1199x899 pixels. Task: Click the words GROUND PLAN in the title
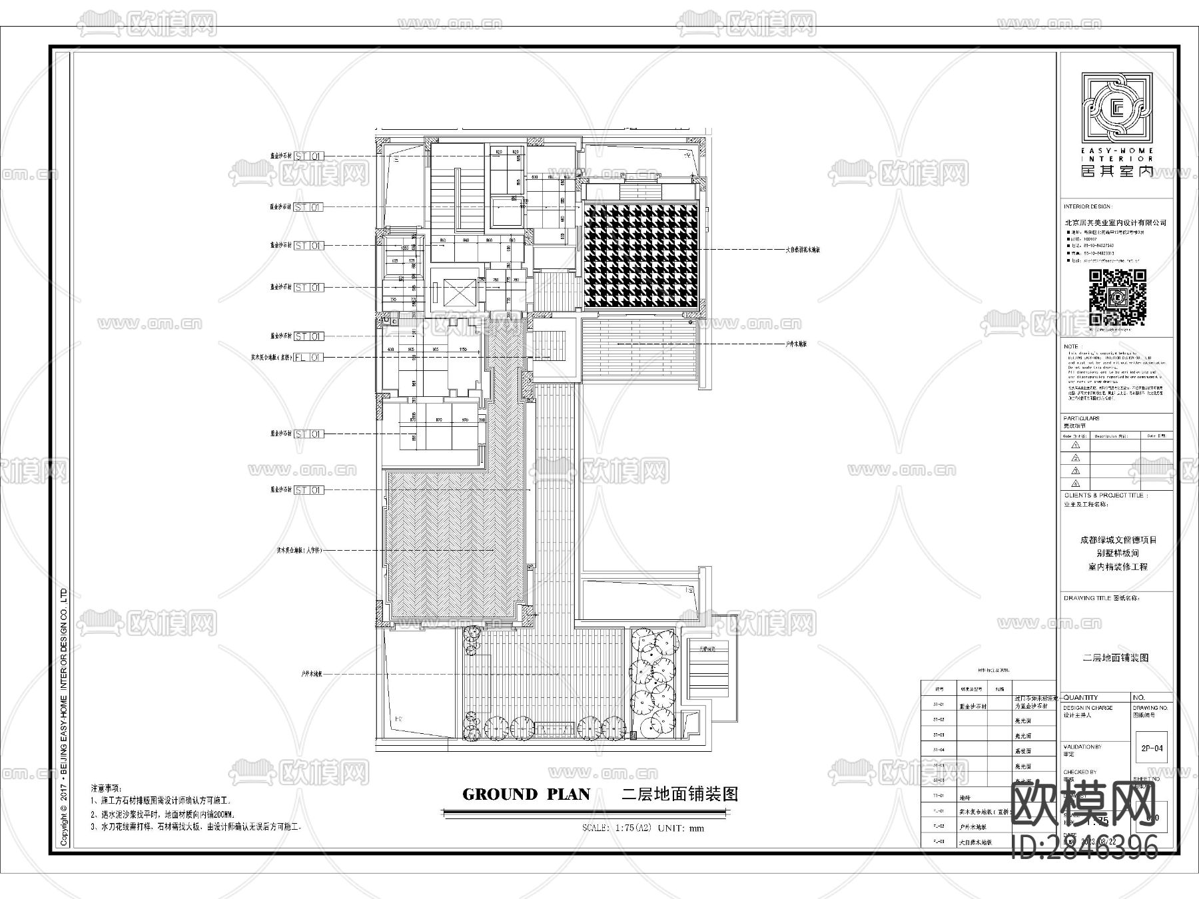pyautogui.click(x=526, y=794)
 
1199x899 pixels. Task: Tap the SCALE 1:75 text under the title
pyautogui.click(x=613, y=828)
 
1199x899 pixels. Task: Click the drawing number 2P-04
pyautogui.click(x=1152, y=748)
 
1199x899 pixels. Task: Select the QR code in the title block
pyautogui.click(x=1117, y=298)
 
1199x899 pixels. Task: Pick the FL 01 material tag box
pyautogui.click(x=309, y=358)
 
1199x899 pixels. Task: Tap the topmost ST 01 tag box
pyautogui.click(x=309, y=156)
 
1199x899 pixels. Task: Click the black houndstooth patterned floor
pyautogui.click(x=641, y=256)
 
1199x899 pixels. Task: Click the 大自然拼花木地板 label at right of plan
pyautogui.click(x=802, y=250)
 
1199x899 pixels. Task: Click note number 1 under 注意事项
pyautogui.click(x=160, y=801)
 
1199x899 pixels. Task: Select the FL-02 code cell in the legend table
pyautogui.click(x=939, y=827)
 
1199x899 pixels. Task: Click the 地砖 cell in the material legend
pyautogui.click(x=965, y=796)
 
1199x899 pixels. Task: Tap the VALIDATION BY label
pyautogui.click(x=1082, y=747)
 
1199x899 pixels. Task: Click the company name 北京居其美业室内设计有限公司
pyautogui.click(x=1115, y=222)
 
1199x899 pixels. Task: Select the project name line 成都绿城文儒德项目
pyautogui.click(x=1118, y=540)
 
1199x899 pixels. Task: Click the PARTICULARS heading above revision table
pyautogui.click(x=1082, y=418)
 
